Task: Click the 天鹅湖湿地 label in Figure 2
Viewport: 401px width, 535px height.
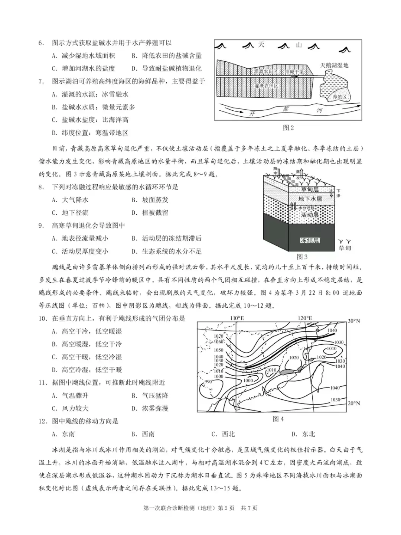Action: click(334, 65)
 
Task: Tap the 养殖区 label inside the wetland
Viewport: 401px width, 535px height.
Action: click(339, 97)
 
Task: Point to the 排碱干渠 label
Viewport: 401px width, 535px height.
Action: click(294, 71)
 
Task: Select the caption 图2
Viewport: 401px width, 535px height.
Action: click(288, 128)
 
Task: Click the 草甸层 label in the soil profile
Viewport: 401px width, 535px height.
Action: click(310, 189)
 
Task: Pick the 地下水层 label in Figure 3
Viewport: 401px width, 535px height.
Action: click(310, 199)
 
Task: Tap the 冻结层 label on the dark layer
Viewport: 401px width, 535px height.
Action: click(310, 240)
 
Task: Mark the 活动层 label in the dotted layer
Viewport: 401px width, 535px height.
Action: click(310, 215)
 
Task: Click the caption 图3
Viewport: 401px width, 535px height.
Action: click(302, 257)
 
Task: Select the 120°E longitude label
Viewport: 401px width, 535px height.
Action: click(304, 318)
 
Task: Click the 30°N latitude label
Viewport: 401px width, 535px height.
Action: click(353, 321)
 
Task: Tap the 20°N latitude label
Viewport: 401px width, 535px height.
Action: click(353, 403)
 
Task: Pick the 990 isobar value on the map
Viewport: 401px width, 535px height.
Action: click(208, 382)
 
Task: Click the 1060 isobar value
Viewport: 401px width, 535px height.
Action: click(219, 342)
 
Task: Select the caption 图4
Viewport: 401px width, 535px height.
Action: click(278, 419)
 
